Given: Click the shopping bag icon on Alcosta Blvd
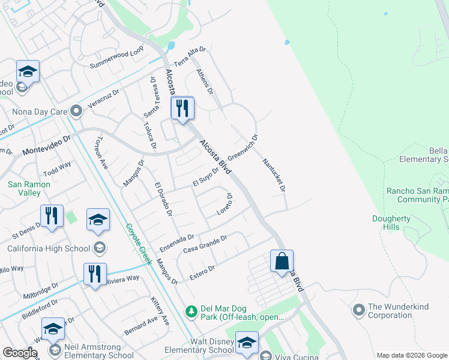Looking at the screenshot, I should point(282,261).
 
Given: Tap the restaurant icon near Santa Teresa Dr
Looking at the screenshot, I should point(182,109).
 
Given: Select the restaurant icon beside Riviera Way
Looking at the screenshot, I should point(95,274).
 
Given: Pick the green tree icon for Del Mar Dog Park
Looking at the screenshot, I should point(191,311).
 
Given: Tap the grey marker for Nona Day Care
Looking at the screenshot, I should point(76,111).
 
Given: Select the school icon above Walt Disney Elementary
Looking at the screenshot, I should point(246,343).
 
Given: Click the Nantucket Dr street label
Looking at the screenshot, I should point(274,175).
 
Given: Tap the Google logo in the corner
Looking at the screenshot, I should point(20,353).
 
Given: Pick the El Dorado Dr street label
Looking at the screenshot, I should point(163,199).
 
